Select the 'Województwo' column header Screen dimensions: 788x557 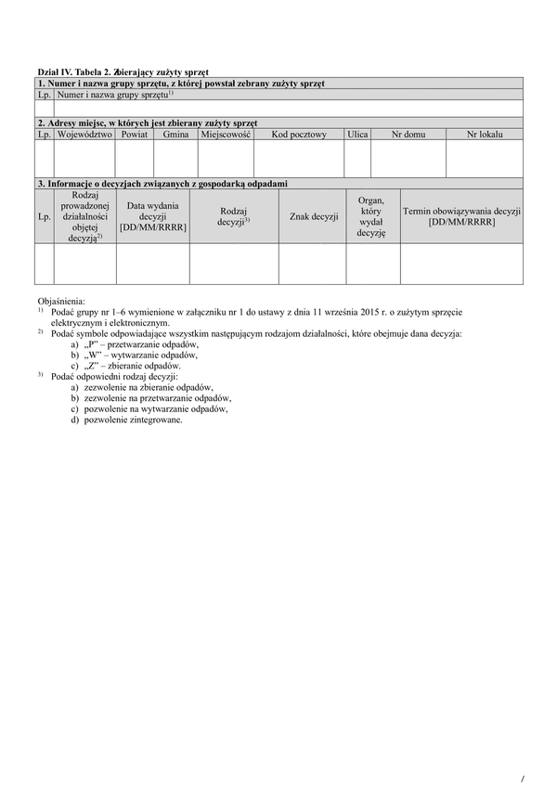pos(84,135)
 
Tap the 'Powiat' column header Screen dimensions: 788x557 pos(134,135)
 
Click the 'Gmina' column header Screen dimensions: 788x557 pos(175,135)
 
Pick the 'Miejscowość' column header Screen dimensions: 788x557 pos(226,135)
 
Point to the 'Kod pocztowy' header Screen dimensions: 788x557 pos(299,135)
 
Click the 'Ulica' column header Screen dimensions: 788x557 pos(357,135)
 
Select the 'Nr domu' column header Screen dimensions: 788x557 pos(408,135)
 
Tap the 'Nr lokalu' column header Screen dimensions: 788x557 pos(484,135)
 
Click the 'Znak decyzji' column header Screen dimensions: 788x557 pos(313,216)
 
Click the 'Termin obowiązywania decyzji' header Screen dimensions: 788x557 pos(461,216)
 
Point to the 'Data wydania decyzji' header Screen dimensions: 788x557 pos(152,216)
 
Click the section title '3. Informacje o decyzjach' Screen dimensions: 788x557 pos(162,184)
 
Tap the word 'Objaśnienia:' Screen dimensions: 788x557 pos(61,302)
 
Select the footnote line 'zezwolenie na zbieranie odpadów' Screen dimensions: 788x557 pos(149,387)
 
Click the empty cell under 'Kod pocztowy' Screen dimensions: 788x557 pos(299,159)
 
